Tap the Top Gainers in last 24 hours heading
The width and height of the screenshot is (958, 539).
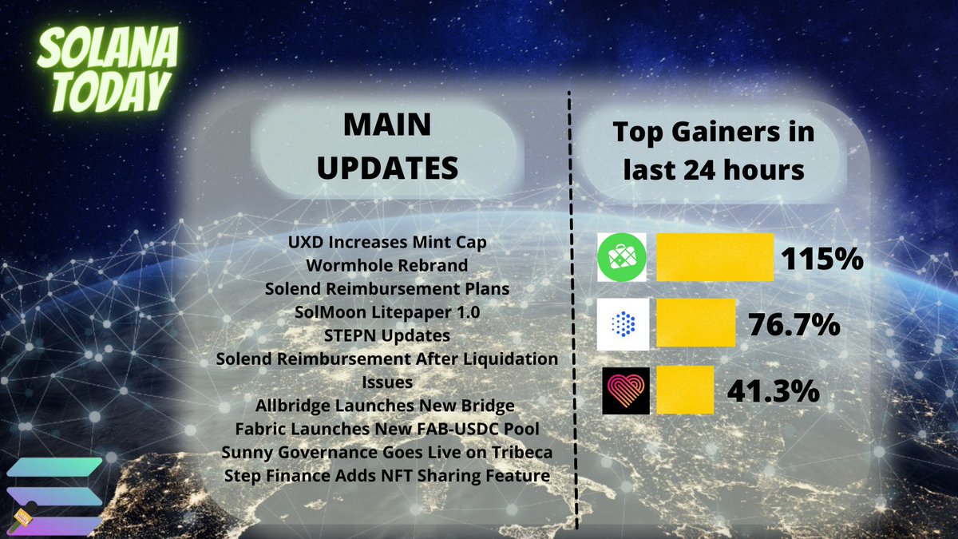[713, 151]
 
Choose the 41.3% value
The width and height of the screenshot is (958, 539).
[773, 390]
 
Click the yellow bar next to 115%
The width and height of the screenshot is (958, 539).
[715, 257]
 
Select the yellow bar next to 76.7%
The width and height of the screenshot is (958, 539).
[695, 323]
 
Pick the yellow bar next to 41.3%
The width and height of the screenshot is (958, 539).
[684, 390]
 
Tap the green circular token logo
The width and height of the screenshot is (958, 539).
[623, 257]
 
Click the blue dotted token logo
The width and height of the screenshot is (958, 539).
[623, 323]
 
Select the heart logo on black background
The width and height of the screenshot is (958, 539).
[625, 390]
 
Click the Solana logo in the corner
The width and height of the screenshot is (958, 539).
[53, 495]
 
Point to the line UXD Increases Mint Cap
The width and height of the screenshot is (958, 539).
[387, 242]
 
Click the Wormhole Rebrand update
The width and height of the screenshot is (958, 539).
[387, 265]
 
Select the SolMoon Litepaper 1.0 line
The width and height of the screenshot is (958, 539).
[387, 311]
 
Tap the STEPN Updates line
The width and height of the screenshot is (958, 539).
[387, 335]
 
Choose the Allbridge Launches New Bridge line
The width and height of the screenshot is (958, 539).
[387, 406]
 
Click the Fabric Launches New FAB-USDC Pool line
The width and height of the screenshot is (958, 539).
[387, 429]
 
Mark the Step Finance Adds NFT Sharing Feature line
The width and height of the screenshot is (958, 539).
[387, 476]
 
